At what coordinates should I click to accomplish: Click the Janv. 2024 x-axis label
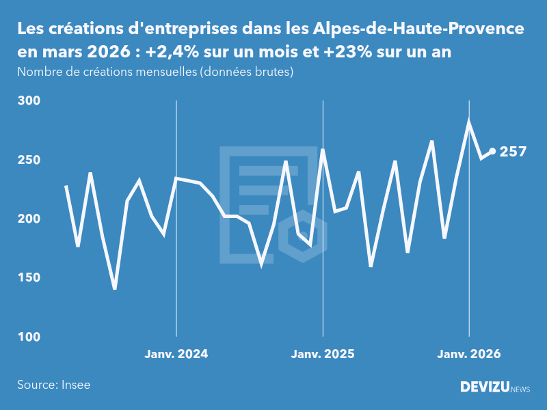pyautogui.click(x=176, y=354)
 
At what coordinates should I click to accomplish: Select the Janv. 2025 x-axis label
pyautogui.click(x=323, y=354)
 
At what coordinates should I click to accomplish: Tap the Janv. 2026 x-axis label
pyautogui.click(x=469, y=354)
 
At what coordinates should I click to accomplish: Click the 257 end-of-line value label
pyautogui.click(x=513, y=152)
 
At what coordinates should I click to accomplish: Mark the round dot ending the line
pyautogui.click(x=492, y=152)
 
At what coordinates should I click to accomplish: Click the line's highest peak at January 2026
pyautogui.click(x=469, y=122)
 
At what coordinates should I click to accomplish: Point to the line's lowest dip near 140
pyautogui.click(x=115, y=288)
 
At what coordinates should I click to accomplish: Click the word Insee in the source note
pyautogui.click(x=75, y=385)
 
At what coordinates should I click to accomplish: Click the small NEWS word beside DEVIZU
pyautogui.click(x=520, y=389)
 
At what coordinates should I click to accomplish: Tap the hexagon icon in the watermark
pyautogui.click(x=302, y=237)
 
